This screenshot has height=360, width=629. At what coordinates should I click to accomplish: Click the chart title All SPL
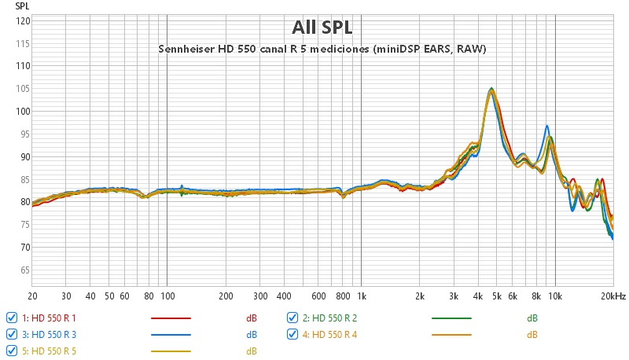click(322, 28)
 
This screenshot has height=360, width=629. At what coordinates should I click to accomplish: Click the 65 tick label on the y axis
click(25, 270)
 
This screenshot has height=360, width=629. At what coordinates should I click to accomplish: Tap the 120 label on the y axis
click(23, 20)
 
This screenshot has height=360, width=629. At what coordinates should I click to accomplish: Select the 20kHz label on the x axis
click(613, 296)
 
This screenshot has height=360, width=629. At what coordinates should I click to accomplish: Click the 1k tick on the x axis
click(362, 296)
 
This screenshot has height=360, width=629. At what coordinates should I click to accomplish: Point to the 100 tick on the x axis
click(167, 296)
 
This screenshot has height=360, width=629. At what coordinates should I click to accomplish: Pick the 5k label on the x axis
click(497, 296)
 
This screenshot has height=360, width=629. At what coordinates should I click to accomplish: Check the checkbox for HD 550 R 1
click(12, 318)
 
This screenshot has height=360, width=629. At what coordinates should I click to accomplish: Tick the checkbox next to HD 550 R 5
click(12, 351)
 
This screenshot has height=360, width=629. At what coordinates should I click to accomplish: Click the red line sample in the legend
click(170, 318)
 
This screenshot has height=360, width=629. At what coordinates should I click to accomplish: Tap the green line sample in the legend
click(451, 318)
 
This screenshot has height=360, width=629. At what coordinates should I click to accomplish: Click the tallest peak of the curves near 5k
click(491, 89)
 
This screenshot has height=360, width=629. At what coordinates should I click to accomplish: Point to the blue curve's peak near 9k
click(546, 126)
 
